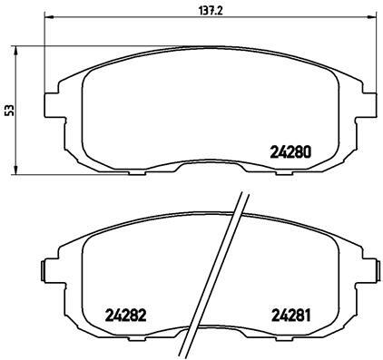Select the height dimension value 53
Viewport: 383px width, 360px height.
coord(10,109)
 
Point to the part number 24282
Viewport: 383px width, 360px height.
coord(125,316)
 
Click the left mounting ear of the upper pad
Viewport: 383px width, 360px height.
coord(52,101)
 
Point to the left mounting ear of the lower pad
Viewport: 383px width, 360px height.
coord(45,269)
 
